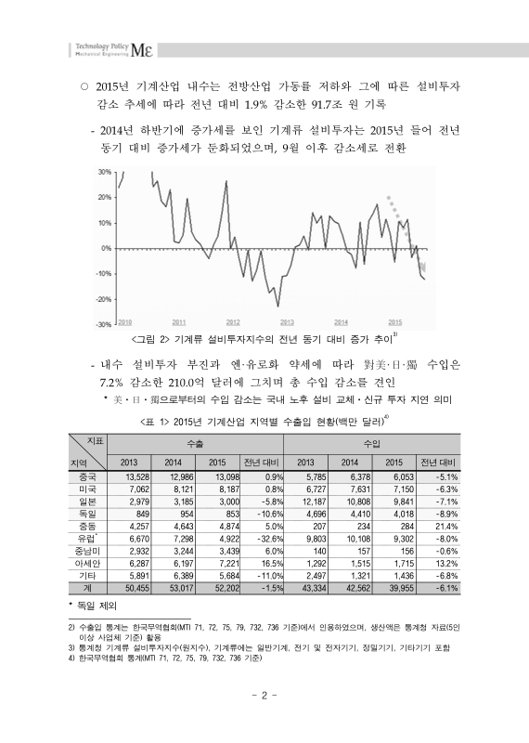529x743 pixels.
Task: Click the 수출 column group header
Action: click(197, 444)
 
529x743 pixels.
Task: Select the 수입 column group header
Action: click(371, 444)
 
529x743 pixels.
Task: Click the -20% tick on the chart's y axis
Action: click(104, 299)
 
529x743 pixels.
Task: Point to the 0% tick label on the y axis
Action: click(106, 249)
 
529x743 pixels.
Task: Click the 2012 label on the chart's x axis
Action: click(233, 320)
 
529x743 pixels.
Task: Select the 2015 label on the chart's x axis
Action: click(395, 320)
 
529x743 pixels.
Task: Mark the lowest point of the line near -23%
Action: click(277, 305)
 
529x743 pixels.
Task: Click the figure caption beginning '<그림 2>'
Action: click(263, 337)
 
